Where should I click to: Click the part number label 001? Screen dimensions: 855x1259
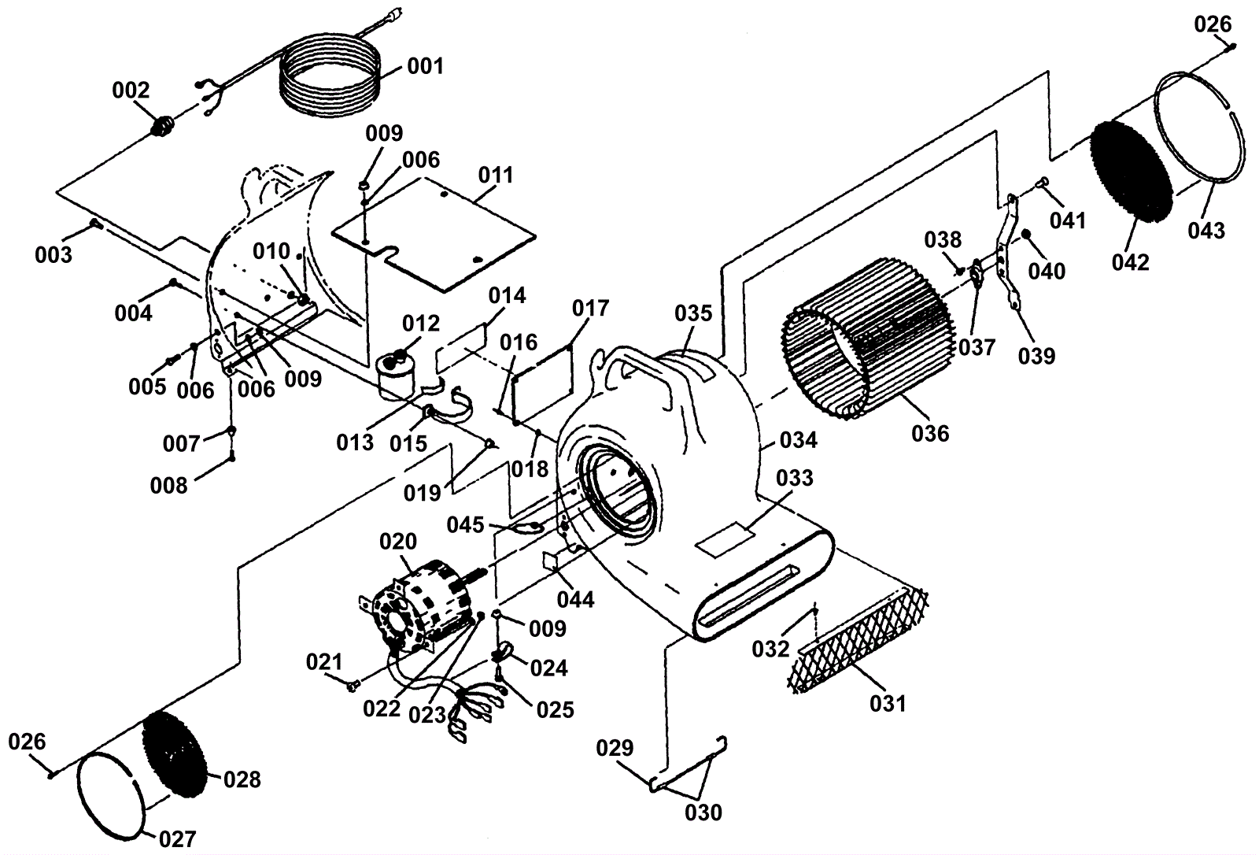tap(425, 66)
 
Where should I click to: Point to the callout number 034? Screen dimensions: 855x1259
tap(799, 440)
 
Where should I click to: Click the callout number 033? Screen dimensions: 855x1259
tap(795, 478)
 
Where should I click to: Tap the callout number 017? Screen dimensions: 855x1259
tap(590, 308)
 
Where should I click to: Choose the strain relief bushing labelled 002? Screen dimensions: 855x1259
tap(164, 125)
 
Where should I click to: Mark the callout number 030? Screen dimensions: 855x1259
tap(703, 812)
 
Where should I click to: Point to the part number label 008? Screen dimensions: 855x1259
tap(169, 485)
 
